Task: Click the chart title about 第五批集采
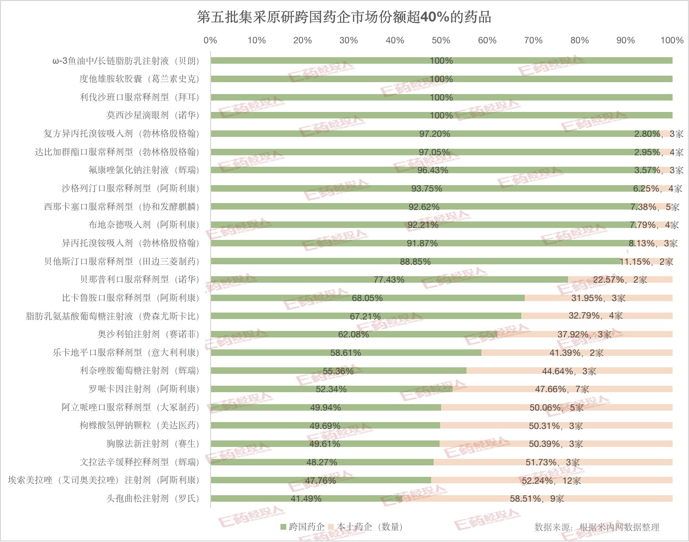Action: pyautogui.click(x=344, y=17)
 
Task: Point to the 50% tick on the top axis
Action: pyautogui.click(x=441, y=40)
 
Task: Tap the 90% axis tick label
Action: pyautogui.click(x=625, y=40)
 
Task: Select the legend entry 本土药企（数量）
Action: pyautogui.click(x=365, y=527)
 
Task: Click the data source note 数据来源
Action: pyautogui.click(x=596, y=527)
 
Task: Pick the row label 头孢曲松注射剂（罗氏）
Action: pyautogui.click(x=152, y=498)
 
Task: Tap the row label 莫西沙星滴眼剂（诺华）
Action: pyautogui.click(x=152, y=115)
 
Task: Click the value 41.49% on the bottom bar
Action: pyautogui.click(x=306, y=498)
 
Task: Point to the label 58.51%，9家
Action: pyautogui.click(x=537, y=498)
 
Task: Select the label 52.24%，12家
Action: pyautogui.click(x=551, y=480)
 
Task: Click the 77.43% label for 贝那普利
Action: pyautogui.click(x=389, y=280)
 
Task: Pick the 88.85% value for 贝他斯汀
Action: pyautogui.click(x=415, y=261)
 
